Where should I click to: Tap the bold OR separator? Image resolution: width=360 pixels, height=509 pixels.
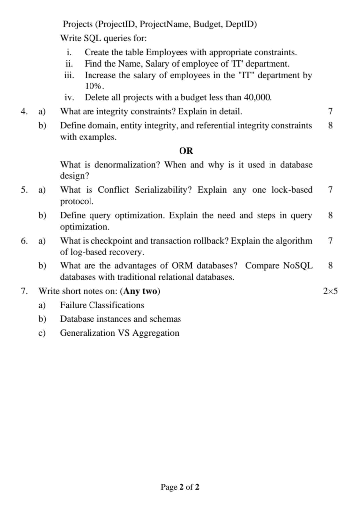click(x=186, y=151)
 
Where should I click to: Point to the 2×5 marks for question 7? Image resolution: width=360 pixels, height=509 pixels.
click(x=330, y=292)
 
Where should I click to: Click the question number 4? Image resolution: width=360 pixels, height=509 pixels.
click(x=24, y=111)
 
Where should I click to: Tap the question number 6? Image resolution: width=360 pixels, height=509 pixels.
click(x=24, y=241)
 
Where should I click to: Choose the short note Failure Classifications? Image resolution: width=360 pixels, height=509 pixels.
click(x=102, y=305)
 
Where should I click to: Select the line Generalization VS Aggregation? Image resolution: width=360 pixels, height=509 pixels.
click(x=119, y=333)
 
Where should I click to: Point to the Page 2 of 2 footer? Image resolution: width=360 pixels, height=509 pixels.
click(x=180, y=487)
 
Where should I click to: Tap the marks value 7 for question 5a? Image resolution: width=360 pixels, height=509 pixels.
click(x=331, y=190)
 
